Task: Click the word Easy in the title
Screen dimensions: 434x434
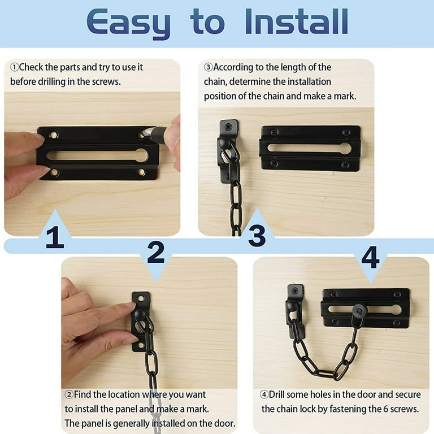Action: tap(129, 24)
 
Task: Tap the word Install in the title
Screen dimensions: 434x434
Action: tap(297, 21)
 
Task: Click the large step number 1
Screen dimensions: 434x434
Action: tap(55, 237)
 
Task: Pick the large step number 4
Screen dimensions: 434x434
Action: tap(370, 257)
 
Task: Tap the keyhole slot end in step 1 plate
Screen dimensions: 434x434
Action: tap(141, 155)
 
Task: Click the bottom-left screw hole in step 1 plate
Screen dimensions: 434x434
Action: tap(54, 172)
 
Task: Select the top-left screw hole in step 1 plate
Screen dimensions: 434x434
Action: tap(53, 135)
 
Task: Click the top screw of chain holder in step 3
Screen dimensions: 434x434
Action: tap(228, 127)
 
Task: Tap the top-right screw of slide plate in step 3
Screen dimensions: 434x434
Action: tap(346, 133)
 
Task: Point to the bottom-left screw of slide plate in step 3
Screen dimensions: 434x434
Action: tap(274, 163)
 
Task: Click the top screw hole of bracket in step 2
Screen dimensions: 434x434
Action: tap(141, 298)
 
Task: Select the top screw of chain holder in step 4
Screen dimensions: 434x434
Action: tap(295, 291)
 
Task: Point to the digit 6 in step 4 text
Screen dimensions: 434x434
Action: tap(385, 409)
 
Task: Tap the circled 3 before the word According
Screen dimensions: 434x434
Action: tap(209, 67)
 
